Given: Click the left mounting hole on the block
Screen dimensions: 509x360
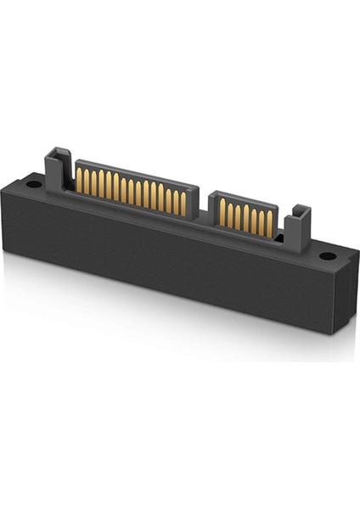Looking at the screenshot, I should [32, 183].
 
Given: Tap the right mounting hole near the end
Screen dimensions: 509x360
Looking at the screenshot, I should [327, 255].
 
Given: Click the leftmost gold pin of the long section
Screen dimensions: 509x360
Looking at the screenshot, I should [80, 179].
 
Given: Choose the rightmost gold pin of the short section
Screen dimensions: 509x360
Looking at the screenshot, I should [270, 223].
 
